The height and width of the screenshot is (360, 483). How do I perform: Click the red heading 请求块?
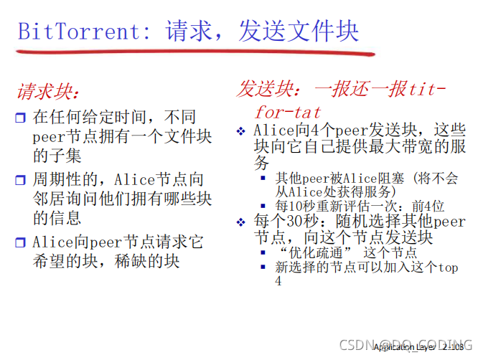[48, 93]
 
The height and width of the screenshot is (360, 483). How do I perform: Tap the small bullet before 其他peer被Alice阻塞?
[263, 178]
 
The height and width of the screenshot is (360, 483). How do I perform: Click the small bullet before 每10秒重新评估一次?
[263, 205]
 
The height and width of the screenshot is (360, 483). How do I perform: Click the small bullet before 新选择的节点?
[263, 267]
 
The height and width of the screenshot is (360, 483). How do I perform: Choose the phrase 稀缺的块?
[144, 261]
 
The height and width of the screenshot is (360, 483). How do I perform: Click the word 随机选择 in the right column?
[355, 222]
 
